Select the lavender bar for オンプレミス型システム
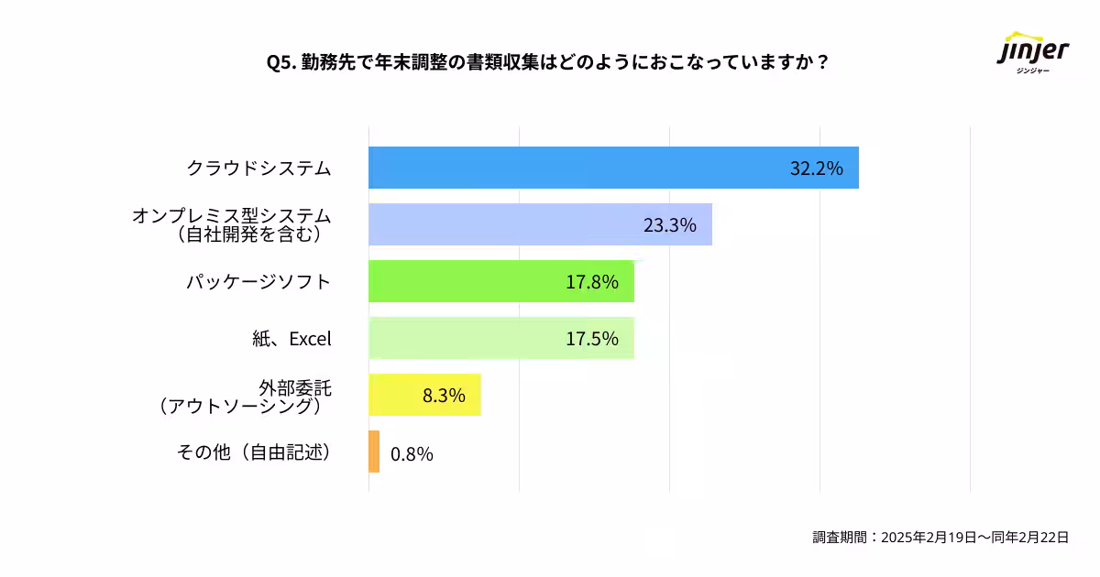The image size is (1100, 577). point(504,224)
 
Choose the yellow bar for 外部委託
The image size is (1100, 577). point(394,395)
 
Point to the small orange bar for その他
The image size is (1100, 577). point(374,452)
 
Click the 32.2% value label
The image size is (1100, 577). point(816,169)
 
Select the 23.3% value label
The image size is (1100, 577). point(669,225)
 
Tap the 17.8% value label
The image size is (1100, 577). point(591,282)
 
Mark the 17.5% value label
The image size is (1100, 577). point(591,339)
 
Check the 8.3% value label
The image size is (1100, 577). point(444,396)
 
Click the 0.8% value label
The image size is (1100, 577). point(412,453)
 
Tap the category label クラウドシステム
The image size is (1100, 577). point(258,169)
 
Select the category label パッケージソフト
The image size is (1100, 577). point(258,282)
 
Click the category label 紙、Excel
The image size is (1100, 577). point(291,339)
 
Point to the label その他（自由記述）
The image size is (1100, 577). point(253,452)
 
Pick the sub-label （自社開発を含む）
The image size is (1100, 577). point(247,235)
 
